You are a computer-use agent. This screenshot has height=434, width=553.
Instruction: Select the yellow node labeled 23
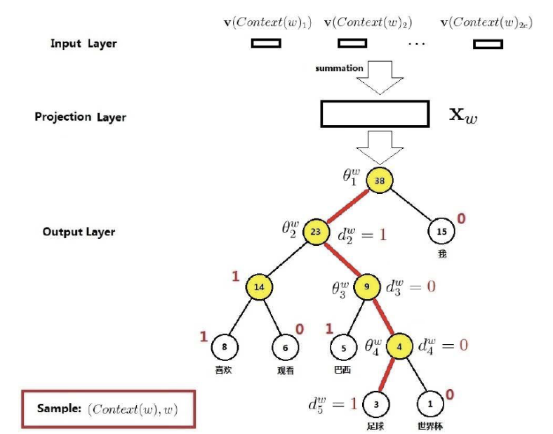[315, 231]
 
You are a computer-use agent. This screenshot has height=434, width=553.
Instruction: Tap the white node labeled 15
[442, 231]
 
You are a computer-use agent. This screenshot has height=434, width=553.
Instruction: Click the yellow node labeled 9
[366, 287]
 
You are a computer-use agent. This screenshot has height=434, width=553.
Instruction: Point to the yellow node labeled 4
[399, 346]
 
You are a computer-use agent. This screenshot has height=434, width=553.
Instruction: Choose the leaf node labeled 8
[225, 346]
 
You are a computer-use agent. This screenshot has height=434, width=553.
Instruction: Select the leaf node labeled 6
[285, 346]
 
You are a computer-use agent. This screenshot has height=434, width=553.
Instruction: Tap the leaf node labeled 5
[344, 346]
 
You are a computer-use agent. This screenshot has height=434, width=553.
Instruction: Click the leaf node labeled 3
[375, 404]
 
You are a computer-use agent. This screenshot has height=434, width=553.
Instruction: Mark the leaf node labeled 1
[429, 404]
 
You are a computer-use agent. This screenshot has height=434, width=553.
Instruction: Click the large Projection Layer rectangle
[374, 114]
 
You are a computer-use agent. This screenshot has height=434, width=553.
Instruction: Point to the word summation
[339, 68]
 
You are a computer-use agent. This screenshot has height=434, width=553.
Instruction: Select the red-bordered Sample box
[107, 408]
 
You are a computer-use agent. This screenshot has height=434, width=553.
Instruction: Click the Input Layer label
[84, 44]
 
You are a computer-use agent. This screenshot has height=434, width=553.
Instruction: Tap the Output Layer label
[79, 232]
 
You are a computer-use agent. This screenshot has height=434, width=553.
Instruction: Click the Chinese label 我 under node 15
[442, 254]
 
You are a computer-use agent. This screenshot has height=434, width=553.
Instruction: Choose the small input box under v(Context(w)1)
[266, 44]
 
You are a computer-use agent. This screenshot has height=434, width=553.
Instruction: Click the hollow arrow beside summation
[380, 77]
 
